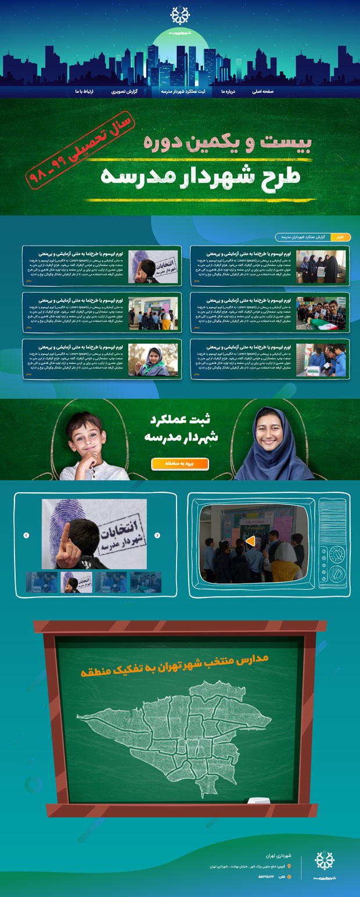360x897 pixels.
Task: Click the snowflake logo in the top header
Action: click(x=179, y=16)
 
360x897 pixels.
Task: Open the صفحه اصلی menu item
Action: click(x=262, y=92)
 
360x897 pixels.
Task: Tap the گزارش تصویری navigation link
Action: click(x=124, y=92)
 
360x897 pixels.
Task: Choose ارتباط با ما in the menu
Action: click(x=81, y=92)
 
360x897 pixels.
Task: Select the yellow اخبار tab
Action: click(x=340, y=237)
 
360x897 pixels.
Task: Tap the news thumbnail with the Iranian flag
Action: click(x=321, y=314)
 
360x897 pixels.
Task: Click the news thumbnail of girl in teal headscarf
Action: click(x=153, y=360)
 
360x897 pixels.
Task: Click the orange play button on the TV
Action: click(x=250, y=541)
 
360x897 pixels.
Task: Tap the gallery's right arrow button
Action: click(x=157, y=535)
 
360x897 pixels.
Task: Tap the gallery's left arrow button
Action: click(x=26, y=535)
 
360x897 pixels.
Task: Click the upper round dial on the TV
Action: click(x=337, y=552)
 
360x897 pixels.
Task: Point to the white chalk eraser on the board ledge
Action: click(x=258, y=801)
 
